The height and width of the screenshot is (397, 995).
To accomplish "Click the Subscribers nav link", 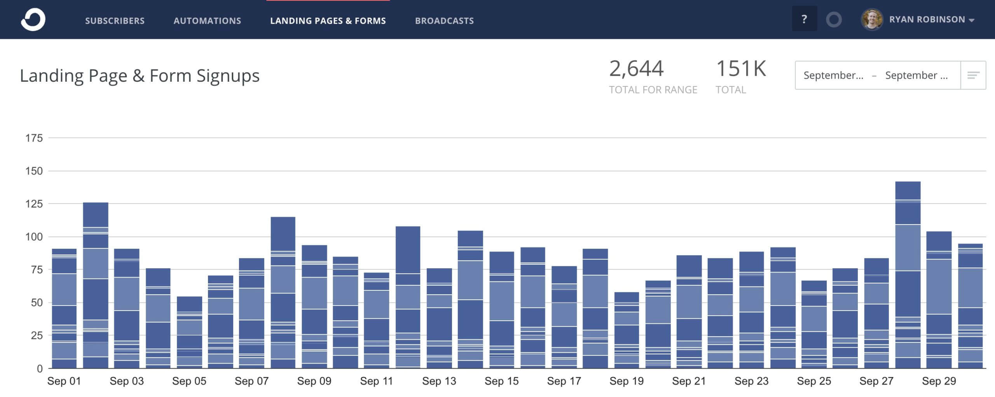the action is [x=115, y=21].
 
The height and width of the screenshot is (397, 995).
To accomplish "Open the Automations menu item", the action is [x=207, y=21].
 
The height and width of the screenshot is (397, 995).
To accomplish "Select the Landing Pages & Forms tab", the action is [x=328, y=21].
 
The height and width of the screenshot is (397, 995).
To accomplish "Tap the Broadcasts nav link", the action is [x=444, y=21].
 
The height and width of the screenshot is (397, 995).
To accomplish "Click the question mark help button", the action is [x=804, y=19].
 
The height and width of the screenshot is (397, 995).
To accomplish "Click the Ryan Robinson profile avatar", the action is [x=872, y=19].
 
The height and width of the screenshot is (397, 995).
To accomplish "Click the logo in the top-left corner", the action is [x=33, y=19].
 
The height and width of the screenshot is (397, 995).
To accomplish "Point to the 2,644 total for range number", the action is [x=636, y=69].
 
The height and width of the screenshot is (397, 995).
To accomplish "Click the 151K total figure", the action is [x=741, y=69].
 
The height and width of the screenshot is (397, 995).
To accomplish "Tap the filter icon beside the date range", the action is [x=973, y=75].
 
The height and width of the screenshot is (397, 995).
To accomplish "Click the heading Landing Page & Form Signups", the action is [x=140, y=76].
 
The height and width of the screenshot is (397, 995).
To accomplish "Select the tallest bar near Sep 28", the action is [x=908, y=274].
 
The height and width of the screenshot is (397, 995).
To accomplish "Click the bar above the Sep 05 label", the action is [x=189, y=332].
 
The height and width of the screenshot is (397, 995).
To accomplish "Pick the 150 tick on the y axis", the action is [x=34, y=171].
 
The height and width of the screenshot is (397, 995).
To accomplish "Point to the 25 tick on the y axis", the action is [x=36, y=335].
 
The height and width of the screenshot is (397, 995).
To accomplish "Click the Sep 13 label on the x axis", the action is [x=439, y=381].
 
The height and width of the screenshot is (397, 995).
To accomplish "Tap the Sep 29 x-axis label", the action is [x=939, y=381].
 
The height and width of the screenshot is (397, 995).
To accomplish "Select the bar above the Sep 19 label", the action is [x=626, y=330].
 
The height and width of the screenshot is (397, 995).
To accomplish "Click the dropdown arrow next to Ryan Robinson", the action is [x=971, y=20].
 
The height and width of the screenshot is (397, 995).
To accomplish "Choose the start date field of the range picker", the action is [x=833, y=75].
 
